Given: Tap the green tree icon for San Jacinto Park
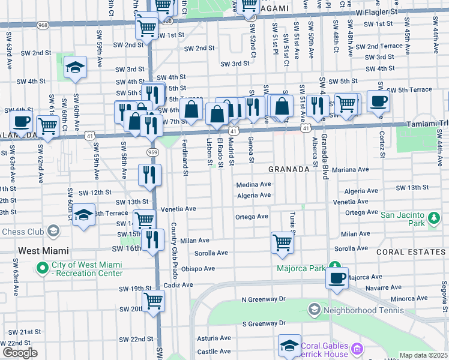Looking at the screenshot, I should point(432,219).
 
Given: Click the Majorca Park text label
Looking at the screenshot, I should point(301,268).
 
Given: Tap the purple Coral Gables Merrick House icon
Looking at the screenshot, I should point(358,348).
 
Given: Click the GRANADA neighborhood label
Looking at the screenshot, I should point(289,169).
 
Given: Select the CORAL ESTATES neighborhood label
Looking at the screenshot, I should point(411,252).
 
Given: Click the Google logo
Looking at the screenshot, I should point(20,353).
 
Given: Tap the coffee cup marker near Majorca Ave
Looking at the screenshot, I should point(337,278).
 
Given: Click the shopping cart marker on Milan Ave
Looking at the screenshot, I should point(282,242).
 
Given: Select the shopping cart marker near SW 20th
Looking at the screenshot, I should point(153,301).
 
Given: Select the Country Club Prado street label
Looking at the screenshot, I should point(173,251).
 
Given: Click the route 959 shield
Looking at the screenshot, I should point(154,152).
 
